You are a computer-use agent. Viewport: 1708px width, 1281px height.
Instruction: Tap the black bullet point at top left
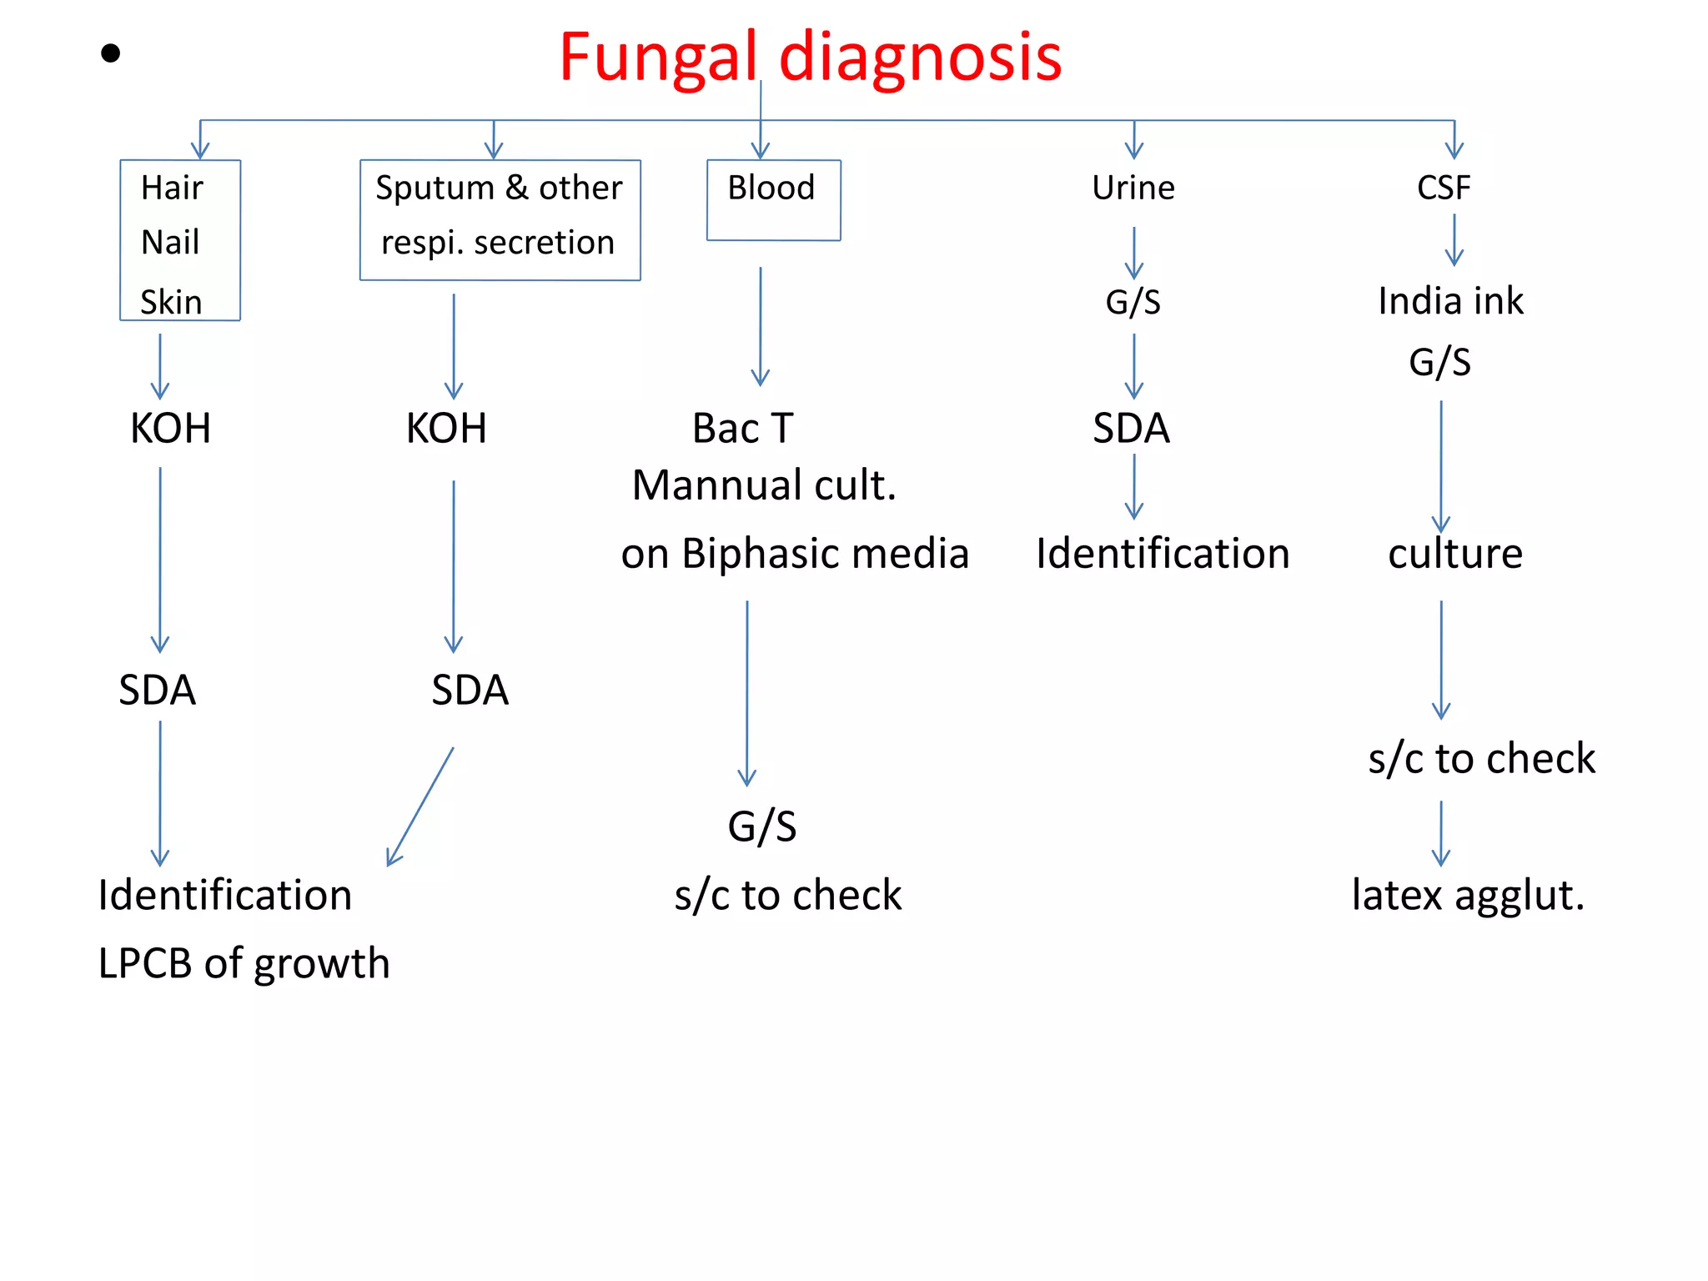pos(110,54)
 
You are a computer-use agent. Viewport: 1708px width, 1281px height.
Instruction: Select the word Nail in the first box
pos(170,243)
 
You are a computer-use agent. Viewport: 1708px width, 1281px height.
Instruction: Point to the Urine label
pos(1133,188)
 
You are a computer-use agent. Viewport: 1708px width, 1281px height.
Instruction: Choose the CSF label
pos(1443,188)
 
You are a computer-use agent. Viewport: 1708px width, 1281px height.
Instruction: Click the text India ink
pos(1450,301)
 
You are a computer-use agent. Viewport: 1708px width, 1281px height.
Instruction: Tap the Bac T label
pos(742,429)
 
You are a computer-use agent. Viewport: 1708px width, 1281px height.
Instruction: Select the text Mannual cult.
pos(764,485)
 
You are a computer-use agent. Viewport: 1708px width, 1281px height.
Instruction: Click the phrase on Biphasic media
pos(794,554)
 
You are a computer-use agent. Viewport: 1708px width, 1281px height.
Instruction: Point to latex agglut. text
pos(1468,896)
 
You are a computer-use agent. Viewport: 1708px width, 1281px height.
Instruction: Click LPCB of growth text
pos(244,963)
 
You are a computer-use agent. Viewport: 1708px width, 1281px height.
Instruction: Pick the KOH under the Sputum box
pos(446,429)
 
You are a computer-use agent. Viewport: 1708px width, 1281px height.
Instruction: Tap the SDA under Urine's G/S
pos(1131,429)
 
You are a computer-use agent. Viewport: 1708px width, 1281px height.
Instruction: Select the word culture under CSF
pos(1455,554)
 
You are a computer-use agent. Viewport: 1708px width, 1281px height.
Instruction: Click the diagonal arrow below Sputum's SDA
pos(420,807)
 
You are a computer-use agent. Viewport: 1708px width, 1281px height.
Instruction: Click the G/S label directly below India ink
pos(1439,362)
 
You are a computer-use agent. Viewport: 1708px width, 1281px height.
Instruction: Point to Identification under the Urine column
pos(1163,554)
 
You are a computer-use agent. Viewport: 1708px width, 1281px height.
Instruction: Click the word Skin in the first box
pos(171,302)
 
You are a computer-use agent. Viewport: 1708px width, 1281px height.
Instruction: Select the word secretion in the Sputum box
pos(544,243)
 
